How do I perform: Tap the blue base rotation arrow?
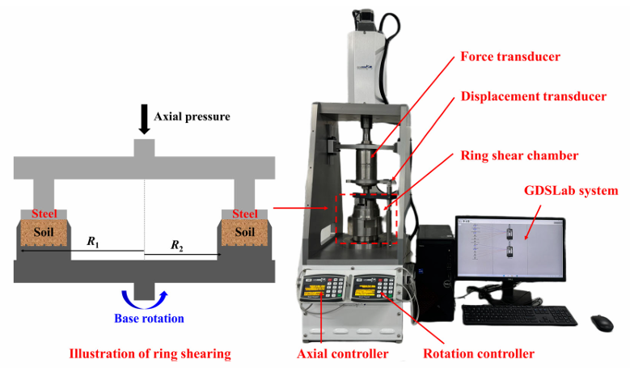145,298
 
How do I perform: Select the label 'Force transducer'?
510,57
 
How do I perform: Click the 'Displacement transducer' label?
533,96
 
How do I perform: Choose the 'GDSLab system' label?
572,191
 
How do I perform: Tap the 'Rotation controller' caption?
478,353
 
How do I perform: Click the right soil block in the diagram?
245,231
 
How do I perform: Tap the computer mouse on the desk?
602,322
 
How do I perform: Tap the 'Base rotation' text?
150,318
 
